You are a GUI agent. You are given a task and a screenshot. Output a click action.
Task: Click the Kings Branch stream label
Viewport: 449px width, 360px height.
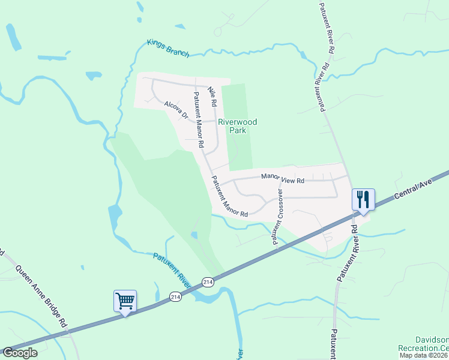[168, 49]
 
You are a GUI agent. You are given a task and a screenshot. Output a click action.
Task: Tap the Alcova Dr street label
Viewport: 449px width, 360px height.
[176, 110]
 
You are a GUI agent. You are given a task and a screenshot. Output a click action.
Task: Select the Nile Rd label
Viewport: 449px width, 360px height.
[211, 97]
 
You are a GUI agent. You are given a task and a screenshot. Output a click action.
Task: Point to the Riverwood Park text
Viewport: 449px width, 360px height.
[237, 126]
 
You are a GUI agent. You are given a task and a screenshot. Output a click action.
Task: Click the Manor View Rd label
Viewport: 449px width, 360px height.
[283, 178]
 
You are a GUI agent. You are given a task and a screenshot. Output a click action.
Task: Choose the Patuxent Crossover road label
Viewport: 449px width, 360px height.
[277, 217]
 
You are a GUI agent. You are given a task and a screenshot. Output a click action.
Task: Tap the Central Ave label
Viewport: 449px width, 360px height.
[414, 190]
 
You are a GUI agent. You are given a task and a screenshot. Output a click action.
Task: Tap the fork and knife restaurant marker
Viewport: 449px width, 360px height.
[363, 199]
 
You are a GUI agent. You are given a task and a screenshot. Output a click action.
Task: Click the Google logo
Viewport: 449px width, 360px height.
[20, 353]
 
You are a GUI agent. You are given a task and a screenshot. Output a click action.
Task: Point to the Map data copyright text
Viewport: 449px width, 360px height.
[423, 355]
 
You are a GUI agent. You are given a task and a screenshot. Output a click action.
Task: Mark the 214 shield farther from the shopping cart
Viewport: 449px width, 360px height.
[208, 281]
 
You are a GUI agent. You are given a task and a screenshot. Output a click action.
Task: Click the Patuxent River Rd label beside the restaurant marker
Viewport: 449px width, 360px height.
[349, 252]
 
